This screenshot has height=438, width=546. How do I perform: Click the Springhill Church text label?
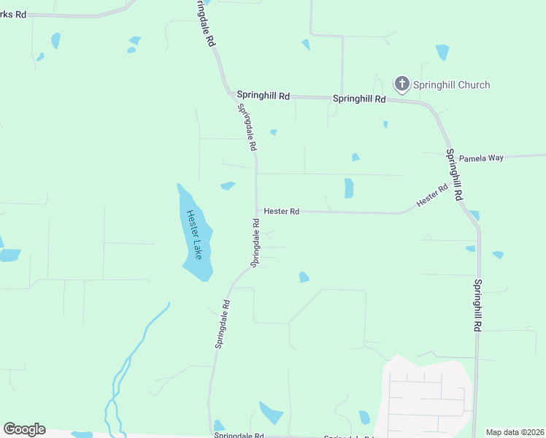451,85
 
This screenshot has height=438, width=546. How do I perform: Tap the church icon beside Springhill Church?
401,85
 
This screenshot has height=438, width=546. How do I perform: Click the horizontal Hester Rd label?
282,211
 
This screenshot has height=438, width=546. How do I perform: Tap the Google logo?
24,429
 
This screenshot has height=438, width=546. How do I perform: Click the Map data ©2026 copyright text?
515,432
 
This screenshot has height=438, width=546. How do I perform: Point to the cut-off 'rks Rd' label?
13,15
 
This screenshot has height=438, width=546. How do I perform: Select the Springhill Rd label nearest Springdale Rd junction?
264,96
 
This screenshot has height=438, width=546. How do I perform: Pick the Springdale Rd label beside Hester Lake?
255,243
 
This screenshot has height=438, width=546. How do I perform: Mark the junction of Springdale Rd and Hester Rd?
256,211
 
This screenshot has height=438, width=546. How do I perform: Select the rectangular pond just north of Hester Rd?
349,188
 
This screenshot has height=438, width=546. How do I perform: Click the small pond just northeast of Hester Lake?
228,185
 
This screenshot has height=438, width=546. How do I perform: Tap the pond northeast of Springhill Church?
442,53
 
